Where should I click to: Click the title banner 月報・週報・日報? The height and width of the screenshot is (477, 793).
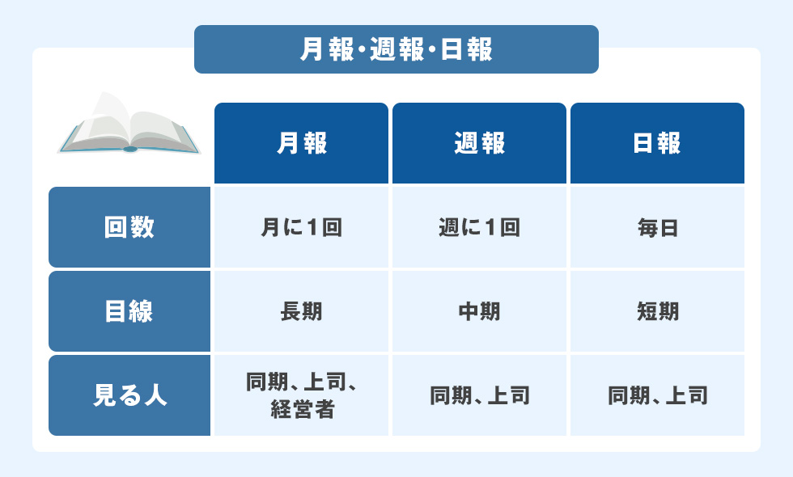pos(396,49)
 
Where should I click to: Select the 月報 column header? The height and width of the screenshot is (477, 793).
pos(301,143)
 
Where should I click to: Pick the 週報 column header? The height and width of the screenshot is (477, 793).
pos(479,143)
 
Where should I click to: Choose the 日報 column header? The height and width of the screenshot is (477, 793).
pos(657,143)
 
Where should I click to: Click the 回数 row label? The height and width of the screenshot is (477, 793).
pos(129,227)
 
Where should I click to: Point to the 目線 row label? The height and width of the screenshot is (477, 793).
pos(129,311)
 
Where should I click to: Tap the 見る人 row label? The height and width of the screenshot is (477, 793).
pos(129,395)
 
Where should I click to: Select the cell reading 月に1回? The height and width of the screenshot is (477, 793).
pos(301,227)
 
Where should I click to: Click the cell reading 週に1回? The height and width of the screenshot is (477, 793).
pos(479,227)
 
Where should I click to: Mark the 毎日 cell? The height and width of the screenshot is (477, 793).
pos(657,227)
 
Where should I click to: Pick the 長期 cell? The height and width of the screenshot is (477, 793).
pos(301,311)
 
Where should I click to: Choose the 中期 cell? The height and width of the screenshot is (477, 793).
pos(479,311)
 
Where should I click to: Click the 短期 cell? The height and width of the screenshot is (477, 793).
pos(657,311)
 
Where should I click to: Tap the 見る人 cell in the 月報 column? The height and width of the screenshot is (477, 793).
pos(301,395)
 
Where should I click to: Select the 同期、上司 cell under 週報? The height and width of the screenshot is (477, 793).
pos(479,395)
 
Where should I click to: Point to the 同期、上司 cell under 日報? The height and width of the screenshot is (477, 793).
pos(657,395)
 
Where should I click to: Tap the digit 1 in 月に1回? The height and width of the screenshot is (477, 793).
pos(313,227)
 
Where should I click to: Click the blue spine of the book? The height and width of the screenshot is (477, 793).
pos(129,149)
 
